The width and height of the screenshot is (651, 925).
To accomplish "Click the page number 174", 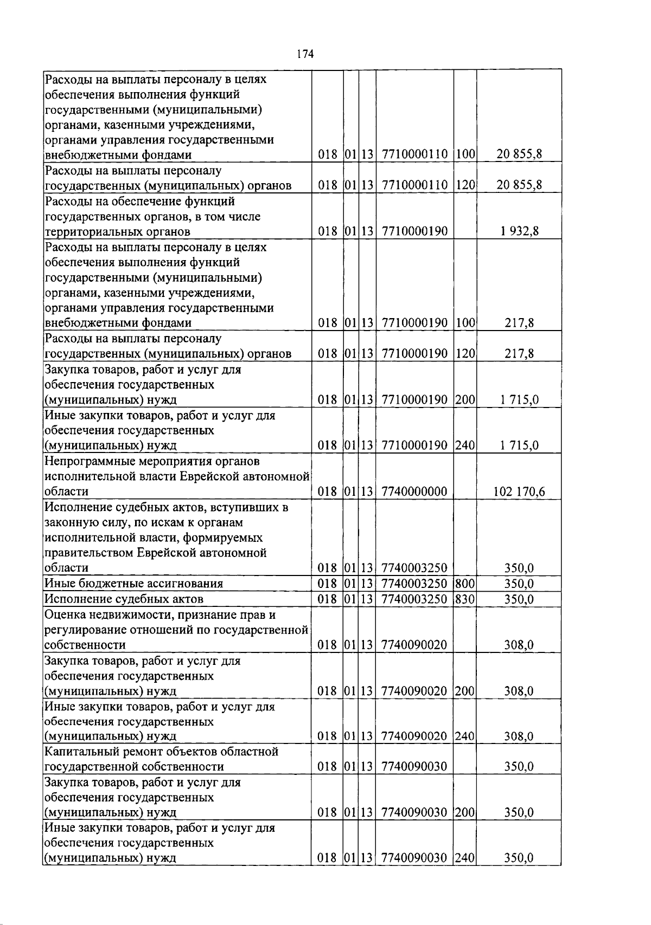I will pyautogui.click(x=305, y=54).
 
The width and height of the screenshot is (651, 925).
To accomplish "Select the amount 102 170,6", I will pyautogui.click(x=519, y=492).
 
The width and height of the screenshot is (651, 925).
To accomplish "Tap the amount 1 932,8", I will pyautogui.click(x=519, y=232).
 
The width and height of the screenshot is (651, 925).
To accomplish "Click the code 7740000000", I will pyautogui.click(x=414, y=492).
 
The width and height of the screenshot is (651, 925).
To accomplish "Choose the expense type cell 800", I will pyautogui.click(x=465, y=584).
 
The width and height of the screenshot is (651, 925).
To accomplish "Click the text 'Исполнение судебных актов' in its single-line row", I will pyautogui.click(x=124, y=599).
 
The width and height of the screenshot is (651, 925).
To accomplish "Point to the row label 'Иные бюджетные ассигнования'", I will pyautogui.click(x=133, y=584).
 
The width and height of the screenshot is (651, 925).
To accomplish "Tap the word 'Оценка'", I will pyautogui.click(x=64, y=615).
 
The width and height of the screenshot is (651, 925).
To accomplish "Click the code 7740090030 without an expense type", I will pyautogui.click(x=414, y=767).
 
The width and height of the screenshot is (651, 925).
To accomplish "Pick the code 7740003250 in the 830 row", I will pyautogui.click(x=414, y=599).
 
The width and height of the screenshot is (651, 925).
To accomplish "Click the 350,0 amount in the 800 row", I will pyautogui.click(x=519, y=584).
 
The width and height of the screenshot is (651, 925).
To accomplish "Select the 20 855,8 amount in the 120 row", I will pyautogui.click(x=519, y=185).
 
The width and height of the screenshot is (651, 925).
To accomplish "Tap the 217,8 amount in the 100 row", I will pyautogui.click(x=519, y=324).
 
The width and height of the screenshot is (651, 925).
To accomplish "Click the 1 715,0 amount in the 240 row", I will pyautogui.click(x=519, y=446).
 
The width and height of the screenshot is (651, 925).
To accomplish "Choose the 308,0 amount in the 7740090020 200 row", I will pyautogui.click(x=519, y=691).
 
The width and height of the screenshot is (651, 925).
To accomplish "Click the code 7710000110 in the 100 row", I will pyautogui.click(x=414, y=155).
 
